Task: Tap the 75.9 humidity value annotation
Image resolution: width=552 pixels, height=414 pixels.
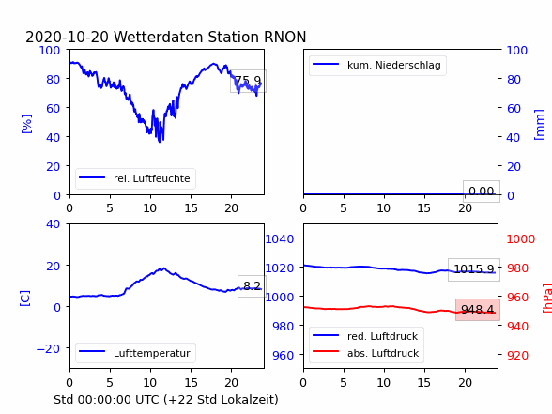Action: [x=248, y=81]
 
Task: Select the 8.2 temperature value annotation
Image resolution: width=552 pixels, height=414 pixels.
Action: [x=252, y=285]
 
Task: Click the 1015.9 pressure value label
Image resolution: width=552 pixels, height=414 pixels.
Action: [x=474, y=269]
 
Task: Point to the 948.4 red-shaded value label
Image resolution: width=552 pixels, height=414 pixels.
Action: [x=478, y=310]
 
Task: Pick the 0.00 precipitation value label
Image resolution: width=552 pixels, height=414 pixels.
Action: [x=482, y=192]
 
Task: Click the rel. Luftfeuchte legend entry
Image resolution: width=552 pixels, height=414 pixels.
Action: [x=135, y=178]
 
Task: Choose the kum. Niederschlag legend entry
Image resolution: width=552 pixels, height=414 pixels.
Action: [x=377, y=65]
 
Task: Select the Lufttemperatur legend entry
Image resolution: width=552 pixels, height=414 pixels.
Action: [x=135, y=353]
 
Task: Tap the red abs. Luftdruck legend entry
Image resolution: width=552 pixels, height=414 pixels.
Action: [x=366, y=353]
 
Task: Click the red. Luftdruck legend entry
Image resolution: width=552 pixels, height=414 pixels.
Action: [x=366, y=336]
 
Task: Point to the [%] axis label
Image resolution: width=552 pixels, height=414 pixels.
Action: [x=26, y=124]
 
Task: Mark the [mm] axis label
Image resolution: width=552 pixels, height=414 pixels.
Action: [x=539, y=125]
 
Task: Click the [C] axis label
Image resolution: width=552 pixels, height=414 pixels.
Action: [x=25, y=299]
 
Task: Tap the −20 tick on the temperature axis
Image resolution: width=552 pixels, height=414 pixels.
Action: [x=48, y=348]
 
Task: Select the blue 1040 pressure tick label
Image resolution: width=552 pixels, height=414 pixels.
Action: [x=280, y=239]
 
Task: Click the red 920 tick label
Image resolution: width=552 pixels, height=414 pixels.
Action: [x=517, y=355]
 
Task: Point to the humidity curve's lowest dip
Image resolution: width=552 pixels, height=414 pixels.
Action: [x=160, y=142]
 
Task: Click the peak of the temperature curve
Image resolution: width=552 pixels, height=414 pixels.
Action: [x=163, y=268]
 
